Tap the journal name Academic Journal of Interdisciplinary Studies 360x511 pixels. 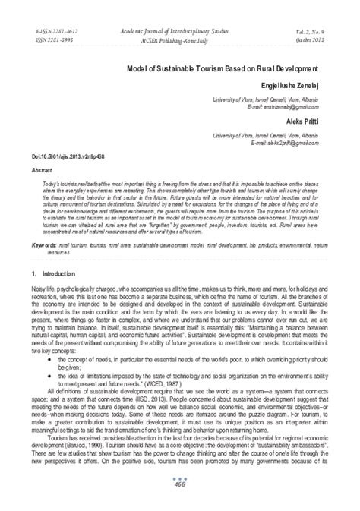coord(180,25)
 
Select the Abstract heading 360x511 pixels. coord(41,172)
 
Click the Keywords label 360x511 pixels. coord(46,246)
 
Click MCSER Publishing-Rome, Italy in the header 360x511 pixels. coord(181,35)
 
